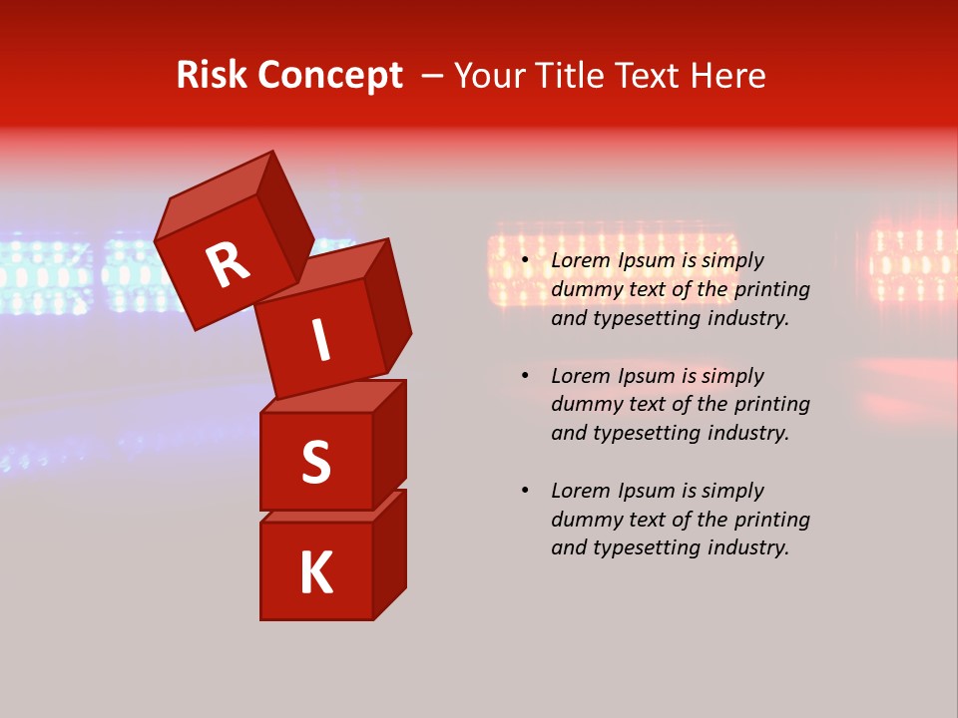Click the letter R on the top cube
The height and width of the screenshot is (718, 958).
tap(229, 265)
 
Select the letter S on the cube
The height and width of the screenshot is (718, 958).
tap(315, 462)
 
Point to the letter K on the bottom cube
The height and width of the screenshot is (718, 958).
tap(315, 572)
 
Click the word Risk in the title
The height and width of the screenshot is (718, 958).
tap(213, 75)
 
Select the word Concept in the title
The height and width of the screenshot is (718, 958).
tap(331, 75)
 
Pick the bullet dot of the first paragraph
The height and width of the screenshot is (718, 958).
tap(525, 261)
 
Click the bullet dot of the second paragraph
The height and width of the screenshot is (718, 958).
tap(525, 376)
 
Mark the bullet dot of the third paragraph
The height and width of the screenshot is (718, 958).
tap(525, 491)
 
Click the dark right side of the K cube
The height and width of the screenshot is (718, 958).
tap(389, 558)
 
